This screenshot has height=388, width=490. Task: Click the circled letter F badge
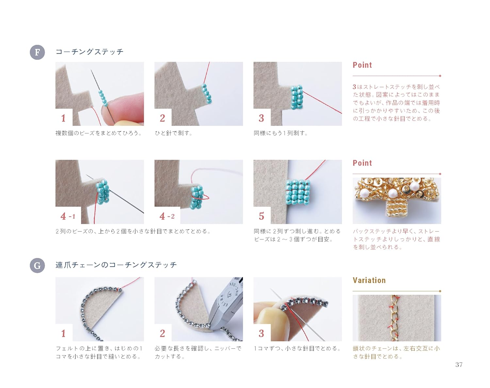point(37,52)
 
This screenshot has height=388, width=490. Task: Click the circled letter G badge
point(37,265)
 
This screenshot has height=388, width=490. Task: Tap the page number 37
point(459,364)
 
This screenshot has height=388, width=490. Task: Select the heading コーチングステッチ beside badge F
point(90,52)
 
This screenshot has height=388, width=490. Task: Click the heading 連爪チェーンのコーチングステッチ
point(116,265)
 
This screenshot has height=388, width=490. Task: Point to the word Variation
point(369,280)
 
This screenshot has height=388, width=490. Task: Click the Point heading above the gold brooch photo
point(362,163)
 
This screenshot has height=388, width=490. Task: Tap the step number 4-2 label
point(167,216)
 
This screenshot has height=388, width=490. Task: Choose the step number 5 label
point(261,216)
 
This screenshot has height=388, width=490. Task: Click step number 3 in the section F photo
point(261,118)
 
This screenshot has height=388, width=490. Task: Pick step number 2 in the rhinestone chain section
point(162,333)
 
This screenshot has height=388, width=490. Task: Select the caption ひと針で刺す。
point(173,133)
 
